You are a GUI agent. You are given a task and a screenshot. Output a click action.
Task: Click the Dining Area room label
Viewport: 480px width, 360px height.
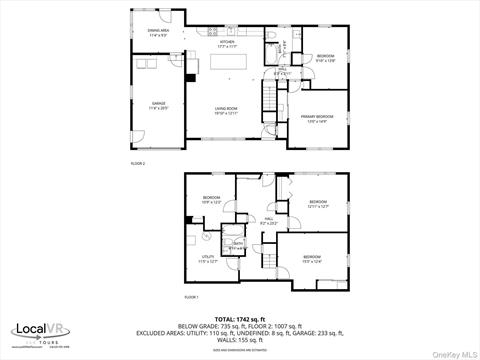[x=156, y=33]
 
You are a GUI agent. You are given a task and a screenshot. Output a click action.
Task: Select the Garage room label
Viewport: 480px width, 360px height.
[x=158, y=104]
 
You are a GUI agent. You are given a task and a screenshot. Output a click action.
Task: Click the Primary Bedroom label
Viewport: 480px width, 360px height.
[x=317, y=118]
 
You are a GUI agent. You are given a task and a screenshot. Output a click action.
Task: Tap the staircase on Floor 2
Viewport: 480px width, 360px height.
[x=268, y=98]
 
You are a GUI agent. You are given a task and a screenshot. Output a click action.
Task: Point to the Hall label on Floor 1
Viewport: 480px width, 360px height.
[x=269, y=220]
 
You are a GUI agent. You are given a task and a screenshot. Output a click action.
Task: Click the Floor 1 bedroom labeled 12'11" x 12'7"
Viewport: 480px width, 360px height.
[x=318, y=204]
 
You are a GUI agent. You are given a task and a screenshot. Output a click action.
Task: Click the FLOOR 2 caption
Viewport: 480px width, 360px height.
[x=138, y=162]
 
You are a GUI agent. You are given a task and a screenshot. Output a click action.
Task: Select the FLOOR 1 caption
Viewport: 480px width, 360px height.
[x=191, y=297]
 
